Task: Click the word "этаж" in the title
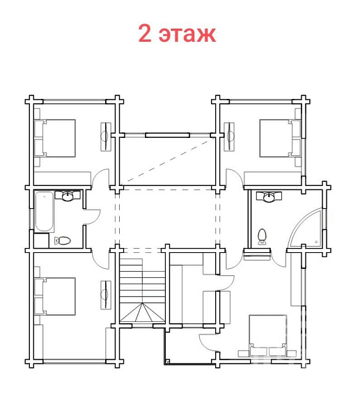point(187,34)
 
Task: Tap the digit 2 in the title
point(145,33)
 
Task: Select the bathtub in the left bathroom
point(45,212)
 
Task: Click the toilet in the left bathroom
point(63,241)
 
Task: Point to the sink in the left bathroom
point(68,195)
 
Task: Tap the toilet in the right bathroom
point(263,236)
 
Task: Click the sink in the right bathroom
point(269,196)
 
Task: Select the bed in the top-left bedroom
point(55,138)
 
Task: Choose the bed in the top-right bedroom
point(280,138)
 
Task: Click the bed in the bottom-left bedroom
point(55,296)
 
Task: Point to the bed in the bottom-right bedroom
point(267,335)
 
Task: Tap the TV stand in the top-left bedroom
point(106,137)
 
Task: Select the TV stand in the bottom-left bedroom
point(106,295)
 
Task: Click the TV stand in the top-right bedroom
point(229,137)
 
